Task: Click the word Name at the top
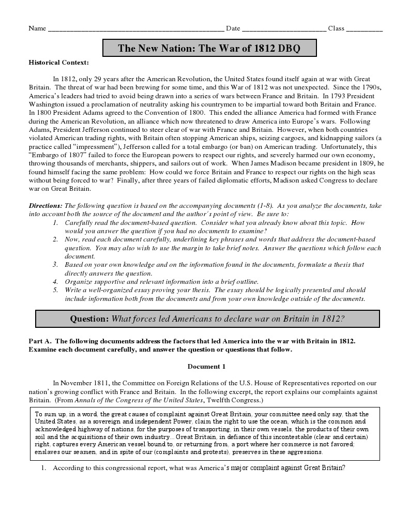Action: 37,28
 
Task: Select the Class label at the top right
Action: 336,28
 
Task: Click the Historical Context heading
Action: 58,63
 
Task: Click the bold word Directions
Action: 46,205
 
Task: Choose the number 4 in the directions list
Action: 55,281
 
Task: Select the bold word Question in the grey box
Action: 89,319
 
